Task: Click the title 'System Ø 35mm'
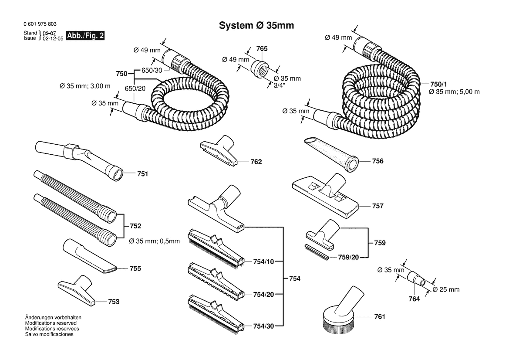click(256, 25)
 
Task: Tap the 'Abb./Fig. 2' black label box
click(85, 35)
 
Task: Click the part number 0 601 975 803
click(40, 24)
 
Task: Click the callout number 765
click(262, 49)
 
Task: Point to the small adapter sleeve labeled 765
click(260, 68)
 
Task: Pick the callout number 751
click(142, 174)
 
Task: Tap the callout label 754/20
click(263, 294)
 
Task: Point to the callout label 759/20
click(348, 257)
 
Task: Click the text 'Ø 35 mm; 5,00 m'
click(454, 92)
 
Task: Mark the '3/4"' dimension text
click(280, 86)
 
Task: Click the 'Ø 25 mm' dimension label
click(446, 289)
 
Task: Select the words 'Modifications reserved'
click(51, 323)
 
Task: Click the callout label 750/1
click(438, 84)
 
